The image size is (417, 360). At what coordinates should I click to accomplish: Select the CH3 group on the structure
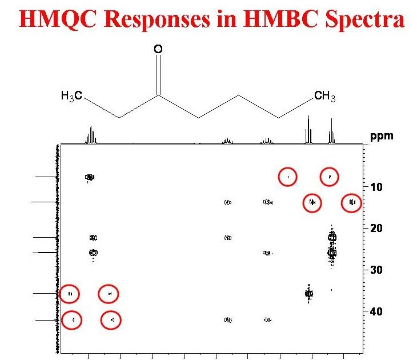325,96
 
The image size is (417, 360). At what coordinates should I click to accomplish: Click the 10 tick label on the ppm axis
376,187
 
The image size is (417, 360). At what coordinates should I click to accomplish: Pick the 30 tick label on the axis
376,270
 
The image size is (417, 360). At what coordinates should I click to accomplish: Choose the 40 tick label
376,311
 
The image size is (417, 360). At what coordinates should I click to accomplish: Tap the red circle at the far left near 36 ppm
70,294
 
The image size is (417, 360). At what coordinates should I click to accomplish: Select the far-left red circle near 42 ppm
73,320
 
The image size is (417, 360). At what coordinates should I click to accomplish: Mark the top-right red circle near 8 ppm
330,177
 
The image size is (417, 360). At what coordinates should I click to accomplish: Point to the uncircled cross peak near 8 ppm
90,177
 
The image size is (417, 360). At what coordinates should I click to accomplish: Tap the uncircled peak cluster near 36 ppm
308,294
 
